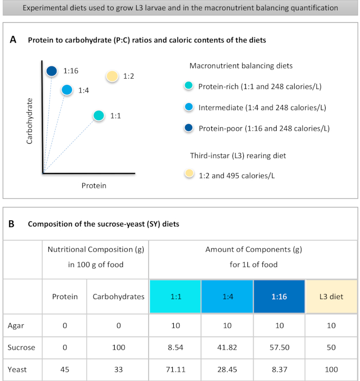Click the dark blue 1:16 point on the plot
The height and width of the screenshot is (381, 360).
[51, 71]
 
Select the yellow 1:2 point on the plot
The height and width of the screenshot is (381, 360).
[112, 76]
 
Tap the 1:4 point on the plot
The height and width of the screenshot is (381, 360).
[66, 90]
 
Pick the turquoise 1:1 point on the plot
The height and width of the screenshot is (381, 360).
[99, 116]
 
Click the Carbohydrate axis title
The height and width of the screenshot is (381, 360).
[29, 121]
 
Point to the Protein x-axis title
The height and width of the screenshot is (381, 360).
[94, 185]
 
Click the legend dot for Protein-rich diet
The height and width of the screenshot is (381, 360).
[189, 86]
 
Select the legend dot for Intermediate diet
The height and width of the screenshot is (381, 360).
[189, 107]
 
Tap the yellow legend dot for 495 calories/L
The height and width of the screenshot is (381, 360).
[189, 174]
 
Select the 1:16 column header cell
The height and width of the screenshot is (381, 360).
[279, 297]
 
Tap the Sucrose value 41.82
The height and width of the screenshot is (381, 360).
[227, 347]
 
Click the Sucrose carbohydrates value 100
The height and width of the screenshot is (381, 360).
[118, 347]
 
